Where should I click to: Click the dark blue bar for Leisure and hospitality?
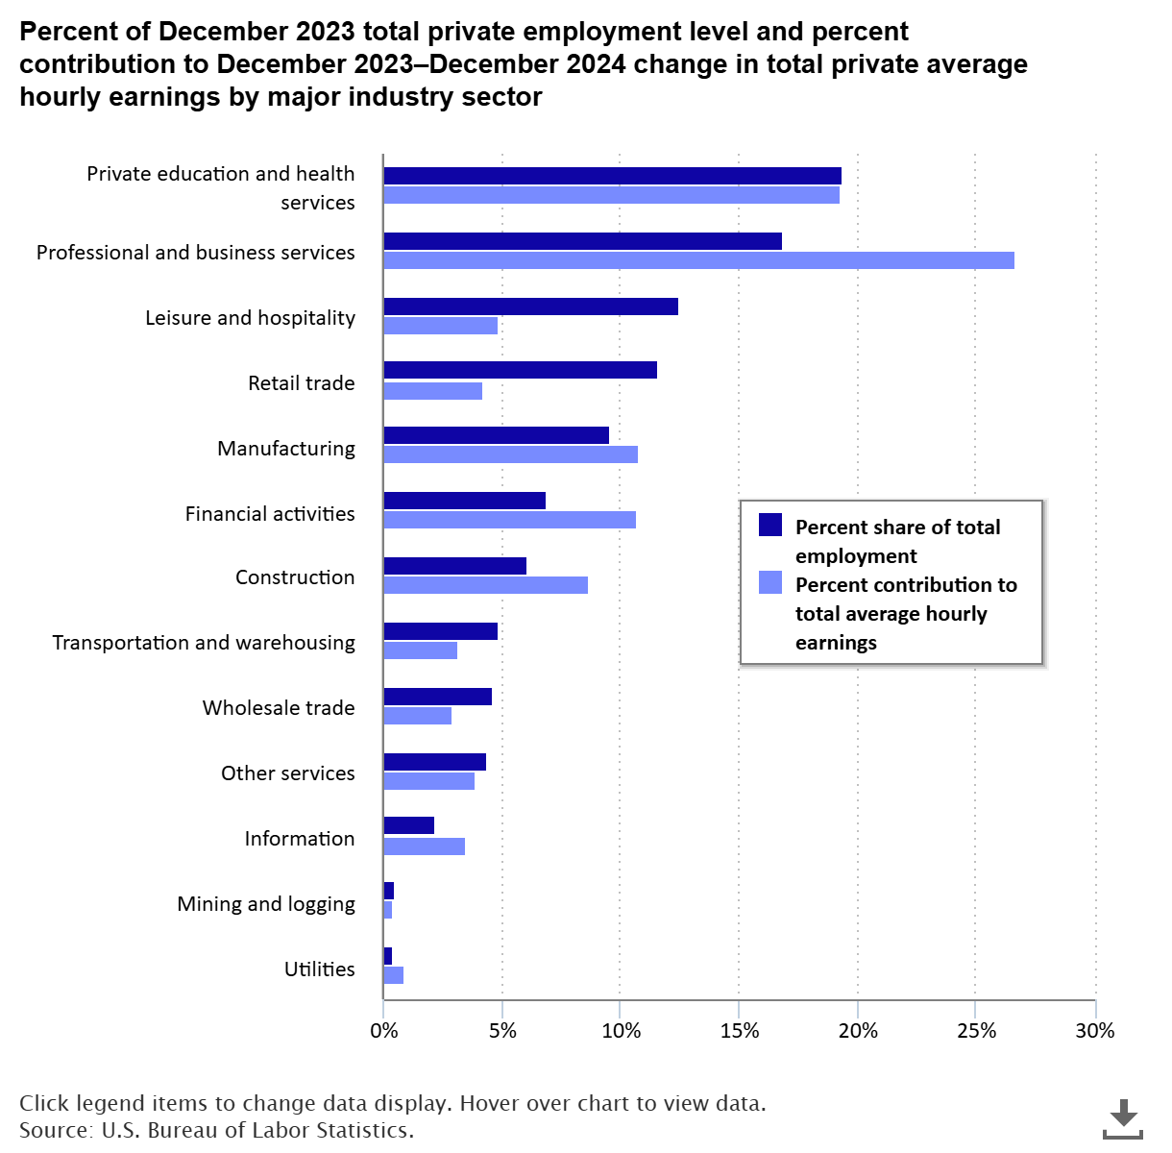click(x=530, y=307)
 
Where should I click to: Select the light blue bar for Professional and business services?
click(x=698, y=260)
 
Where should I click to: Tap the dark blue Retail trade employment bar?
click(x=520, y=370)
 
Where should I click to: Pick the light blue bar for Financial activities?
click(x=509, y=520)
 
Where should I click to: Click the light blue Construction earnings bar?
click(x=485, y=585)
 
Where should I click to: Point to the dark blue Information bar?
click(x=408, y=825)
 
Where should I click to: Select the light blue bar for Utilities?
click(x=393, y=975)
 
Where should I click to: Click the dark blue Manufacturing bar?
click(x=496, y=435)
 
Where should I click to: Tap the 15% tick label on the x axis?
click(x=739, y=1031)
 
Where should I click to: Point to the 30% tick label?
click(x=1094, y=1031)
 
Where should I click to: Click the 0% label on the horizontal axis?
click(x=383, y=1031)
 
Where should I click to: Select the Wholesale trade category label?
click(x=279, y=708)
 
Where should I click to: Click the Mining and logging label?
click(x=266, y=904)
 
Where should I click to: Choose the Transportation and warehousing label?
click(x=204, y=643)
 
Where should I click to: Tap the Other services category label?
click(x=288, y=773)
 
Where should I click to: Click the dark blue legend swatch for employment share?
click(x=770, y=525)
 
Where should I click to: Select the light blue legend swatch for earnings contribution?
click(x=770, y=582)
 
